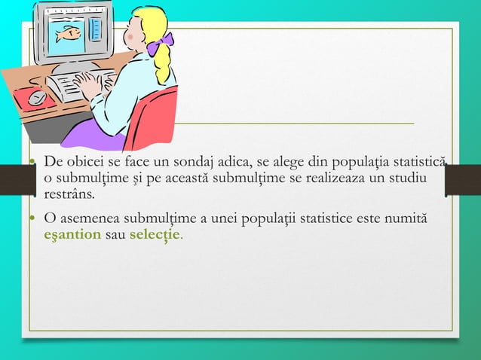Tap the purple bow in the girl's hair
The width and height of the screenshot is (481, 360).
click(x=161, y=44)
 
